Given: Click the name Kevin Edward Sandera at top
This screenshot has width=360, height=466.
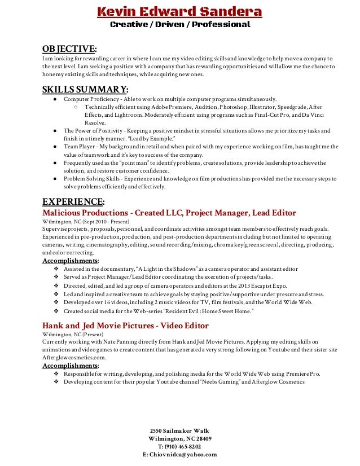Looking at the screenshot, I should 179,12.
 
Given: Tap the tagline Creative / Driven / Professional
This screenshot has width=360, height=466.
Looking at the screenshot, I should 179,25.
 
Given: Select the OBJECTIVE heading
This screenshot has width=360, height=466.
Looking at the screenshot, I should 69,49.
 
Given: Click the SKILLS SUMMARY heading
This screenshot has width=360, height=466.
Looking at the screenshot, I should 85,89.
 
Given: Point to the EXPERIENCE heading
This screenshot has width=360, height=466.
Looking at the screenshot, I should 73,201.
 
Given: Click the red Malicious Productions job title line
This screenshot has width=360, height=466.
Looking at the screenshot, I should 169,213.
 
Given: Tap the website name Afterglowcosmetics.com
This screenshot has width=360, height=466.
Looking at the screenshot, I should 74,357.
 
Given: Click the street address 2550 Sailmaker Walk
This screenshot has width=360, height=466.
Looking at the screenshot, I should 180,430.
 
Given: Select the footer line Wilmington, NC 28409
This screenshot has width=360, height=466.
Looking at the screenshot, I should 180,438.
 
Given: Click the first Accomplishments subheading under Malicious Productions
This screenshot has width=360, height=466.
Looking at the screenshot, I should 70,261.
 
